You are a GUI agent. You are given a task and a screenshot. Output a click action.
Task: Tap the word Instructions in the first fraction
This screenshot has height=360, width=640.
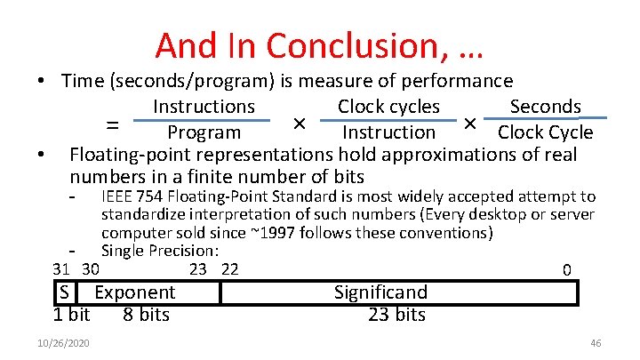[204, 107]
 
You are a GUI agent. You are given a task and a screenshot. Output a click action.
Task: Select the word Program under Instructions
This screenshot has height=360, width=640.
[204, 132]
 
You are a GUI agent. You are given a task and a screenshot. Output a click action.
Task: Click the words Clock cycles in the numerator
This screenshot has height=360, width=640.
[388, 107]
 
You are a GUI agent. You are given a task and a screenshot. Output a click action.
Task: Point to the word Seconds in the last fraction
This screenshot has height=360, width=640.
[545, 107]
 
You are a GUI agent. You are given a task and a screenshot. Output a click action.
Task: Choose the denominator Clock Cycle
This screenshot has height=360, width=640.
[545, 132]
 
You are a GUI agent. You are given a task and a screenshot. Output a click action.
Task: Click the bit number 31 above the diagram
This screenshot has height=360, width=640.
[61, 269]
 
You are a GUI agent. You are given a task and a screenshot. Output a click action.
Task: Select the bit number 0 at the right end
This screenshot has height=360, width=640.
[567, 270]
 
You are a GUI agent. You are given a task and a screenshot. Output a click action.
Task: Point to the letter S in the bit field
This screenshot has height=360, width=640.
[65, 292]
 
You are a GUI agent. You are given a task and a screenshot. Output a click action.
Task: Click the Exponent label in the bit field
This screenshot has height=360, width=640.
[134, 292]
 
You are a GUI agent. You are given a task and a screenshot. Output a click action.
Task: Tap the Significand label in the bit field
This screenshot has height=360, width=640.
[380, 292]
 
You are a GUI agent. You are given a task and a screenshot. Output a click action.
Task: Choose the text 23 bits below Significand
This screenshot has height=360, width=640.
[396, 315]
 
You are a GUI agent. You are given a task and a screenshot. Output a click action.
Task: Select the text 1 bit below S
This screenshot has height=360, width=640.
[72, 315]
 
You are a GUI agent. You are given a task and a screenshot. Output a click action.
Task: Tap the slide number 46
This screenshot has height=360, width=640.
[596, 343]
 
